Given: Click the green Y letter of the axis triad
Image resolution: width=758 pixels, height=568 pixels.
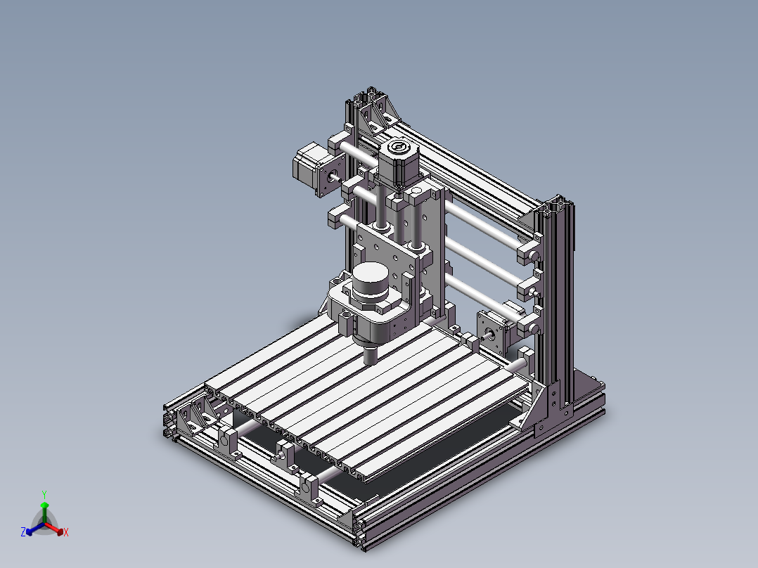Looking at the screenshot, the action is tap(44, 494).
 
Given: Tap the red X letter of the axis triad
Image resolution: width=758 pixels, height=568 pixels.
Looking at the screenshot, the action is tap(66, 532).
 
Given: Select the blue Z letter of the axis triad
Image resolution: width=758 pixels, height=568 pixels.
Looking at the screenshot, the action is tap(23, 531).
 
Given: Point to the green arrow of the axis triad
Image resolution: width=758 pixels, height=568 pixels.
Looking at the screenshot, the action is tap(44, 512).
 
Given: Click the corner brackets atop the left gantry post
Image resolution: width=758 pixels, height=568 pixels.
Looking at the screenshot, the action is tap(375, 110).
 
